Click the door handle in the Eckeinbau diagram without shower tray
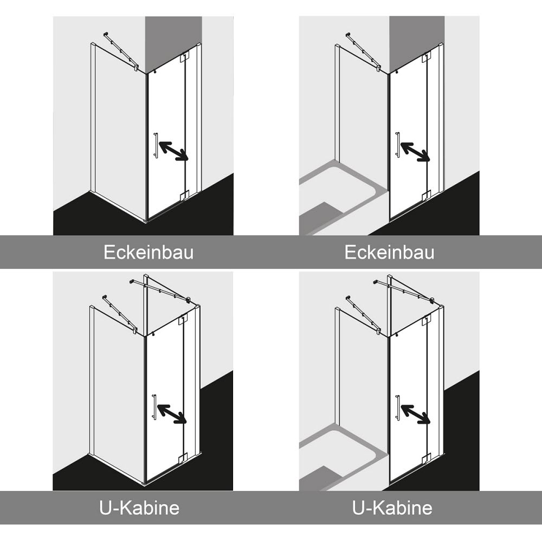(156, 145)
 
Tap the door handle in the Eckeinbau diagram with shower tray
(398, 145)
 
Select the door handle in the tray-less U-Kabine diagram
(154, 407)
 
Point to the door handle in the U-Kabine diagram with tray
(398, 407)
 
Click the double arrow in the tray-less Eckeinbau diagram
(173, 151)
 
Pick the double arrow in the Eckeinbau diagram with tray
(416, 151)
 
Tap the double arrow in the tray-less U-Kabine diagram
(172, 414)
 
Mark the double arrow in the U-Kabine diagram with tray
(416, 414)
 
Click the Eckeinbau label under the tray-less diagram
(149, 253)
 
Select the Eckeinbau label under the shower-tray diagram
(390, 253)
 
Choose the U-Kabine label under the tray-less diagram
(139, 508)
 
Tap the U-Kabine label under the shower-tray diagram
(392, 508)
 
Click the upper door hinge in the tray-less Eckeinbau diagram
(185, 57)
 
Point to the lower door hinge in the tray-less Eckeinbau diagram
(185, 195)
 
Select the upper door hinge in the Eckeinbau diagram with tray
(427, 57)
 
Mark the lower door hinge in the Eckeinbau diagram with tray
(427, 195)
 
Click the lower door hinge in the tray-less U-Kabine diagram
(184, 457)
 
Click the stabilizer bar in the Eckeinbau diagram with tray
(363, 52)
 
